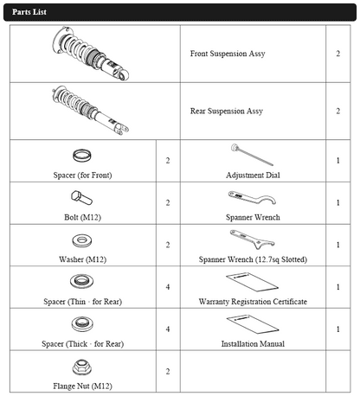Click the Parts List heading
click(29, 12)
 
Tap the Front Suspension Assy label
click(228, 54)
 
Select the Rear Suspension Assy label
click(227, 112)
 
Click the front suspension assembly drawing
click(91, 54)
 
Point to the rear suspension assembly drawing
click(91, 111)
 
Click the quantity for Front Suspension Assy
click(338, 54)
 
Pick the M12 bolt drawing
click(81, 198)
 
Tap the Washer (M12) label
click(83, 259)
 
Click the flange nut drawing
click(82, 367)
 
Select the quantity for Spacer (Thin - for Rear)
click(168, 287)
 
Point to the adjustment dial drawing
click(252, 155)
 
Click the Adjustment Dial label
click(253, 176)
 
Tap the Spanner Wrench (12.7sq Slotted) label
click(253, 259)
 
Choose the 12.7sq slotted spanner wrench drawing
click(252, 240)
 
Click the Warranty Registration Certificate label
click(253, 302)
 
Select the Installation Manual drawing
click(253, 324)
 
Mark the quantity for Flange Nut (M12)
click(168, 372)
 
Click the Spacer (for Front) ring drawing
click(82, 156)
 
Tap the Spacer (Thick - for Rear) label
click(83, 344)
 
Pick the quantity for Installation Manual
click(338, 329)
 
